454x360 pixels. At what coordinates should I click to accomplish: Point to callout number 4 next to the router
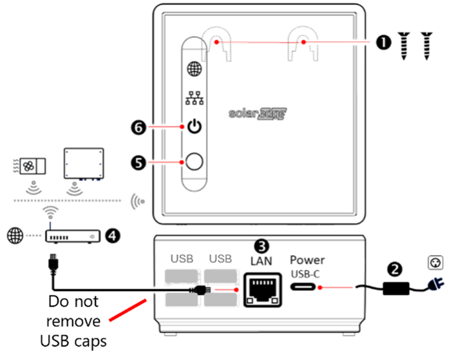point(112,236)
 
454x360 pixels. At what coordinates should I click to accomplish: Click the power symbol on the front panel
point(193,127)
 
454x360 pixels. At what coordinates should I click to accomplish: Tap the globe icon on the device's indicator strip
point(193,69)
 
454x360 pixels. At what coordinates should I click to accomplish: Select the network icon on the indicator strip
point(193,99)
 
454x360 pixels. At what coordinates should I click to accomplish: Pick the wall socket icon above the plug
point(436,263)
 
